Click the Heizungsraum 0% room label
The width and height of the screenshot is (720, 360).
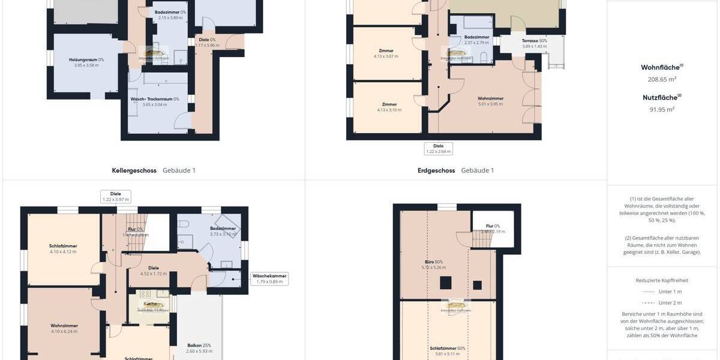(86, 59)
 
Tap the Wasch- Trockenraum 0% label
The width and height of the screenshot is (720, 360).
(155, 99)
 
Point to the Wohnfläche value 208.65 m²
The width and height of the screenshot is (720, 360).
(662, 79)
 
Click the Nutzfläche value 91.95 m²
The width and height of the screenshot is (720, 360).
(662, 109)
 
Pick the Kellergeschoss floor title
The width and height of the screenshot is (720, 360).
(134, 170)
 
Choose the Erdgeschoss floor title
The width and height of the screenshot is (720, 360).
(436, 170)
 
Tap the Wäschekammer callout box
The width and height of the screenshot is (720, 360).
(269, 278)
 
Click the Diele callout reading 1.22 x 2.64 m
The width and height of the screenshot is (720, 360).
(438, 148)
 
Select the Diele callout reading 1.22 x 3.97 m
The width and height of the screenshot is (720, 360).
(116, 196)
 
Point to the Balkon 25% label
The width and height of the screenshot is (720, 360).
(199, 345)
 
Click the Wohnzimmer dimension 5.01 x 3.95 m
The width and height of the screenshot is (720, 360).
(490, 104)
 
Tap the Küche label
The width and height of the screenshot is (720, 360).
(150, 304)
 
